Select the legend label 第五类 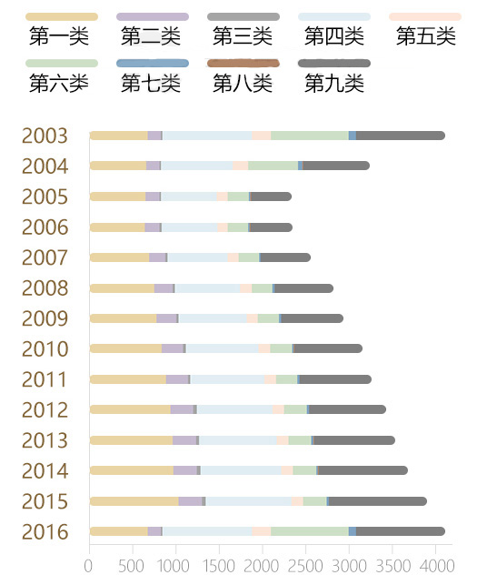point(426,37)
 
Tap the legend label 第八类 point(243,84)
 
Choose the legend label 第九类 point(334,84)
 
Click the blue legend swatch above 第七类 point(153,64)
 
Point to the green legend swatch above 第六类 point(61,64)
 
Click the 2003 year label point(45,136)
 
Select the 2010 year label point(45,349)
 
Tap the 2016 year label point(45,532)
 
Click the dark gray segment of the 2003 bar point(400,136)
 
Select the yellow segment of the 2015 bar point(134,501)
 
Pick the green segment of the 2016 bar point(309,531)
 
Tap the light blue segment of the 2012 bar point(234,409)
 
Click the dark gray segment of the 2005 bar point(271,197)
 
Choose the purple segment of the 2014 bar point(184,470)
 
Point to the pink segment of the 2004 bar point(240,166)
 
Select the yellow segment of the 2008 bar point(122,288)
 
